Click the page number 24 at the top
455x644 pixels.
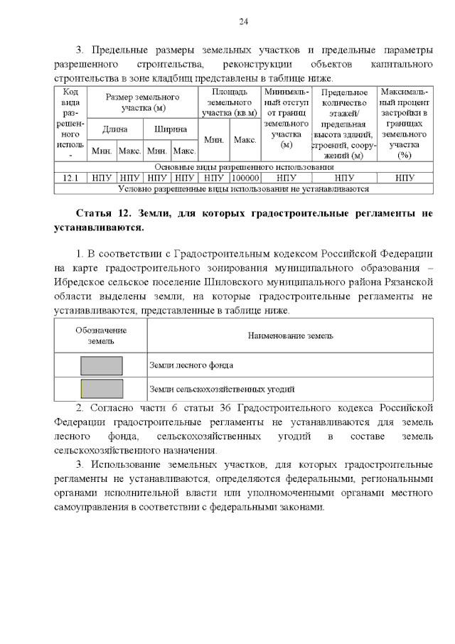pyautogui.click(x=242, y=22)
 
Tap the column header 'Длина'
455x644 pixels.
pyautogui.click(x=114, y=129)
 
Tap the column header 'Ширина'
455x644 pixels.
pyautogui.click(x=170, y=129)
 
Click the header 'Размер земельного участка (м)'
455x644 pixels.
pyautogui.click(x=142, y=102)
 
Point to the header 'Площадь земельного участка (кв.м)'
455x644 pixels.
pyautogui.click(x=230, y=102)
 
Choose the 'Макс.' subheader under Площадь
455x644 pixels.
pyautogui.click(x=245, y=140)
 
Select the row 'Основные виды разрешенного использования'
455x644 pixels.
pyautogui.click(x=244, y=167)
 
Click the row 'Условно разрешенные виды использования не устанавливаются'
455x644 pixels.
pyautogui.click(x=244, y=189)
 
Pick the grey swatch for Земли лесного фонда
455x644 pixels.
pyautogui.click(x=101, y=365)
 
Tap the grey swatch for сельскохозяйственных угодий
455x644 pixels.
pyautogui.click(x=101, y=389)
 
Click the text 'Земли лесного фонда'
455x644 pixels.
pyautogui.click(x=191, y=365)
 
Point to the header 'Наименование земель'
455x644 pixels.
pyautogui.click(x=290, y=336)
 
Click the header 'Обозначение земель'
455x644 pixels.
pyautogui.click(x=101, y=336)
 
